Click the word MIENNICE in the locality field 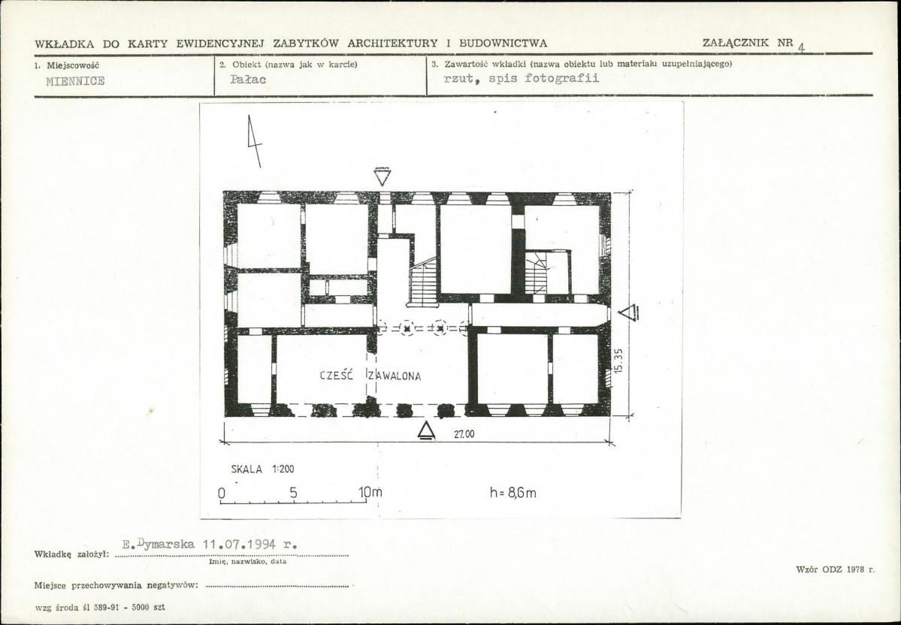75,81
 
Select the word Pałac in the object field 248,80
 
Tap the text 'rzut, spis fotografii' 522,78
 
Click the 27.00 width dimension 464,434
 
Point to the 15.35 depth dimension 618,361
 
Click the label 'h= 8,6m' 513,492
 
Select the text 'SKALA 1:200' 262,469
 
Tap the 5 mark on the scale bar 294,492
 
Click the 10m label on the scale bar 370,492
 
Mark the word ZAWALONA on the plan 395,376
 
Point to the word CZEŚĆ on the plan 337,376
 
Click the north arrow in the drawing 254,141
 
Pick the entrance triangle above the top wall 382,177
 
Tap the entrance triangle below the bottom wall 426,431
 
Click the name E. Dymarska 159,544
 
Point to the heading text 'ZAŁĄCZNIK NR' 748,43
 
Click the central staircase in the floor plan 424,282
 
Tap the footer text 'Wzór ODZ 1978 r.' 836,569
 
